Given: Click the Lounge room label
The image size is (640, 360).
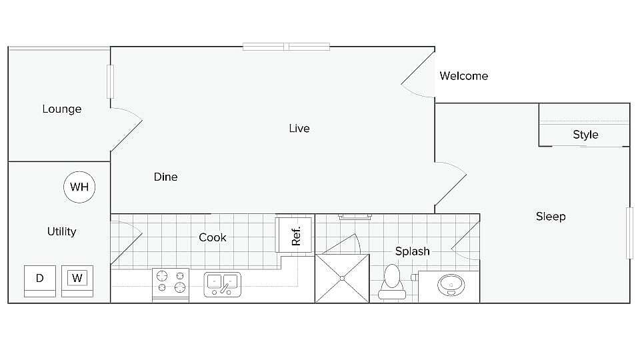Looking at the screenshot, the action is (62, 109).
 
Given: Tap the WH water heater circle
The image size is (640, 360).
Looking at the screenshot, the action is (79, 187).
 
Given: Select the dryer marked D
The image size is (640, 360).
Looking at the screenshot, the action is (40, 281).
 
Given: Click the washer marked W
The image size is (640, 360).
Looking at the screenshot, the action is (77, 281).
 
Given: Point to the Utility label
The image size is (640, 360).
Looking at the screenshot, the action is (61, 231).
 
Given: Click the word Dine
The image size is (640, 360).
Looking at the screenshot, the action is (166, 177).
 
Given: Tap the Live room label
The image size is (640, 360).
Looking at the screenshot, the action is (299, 128).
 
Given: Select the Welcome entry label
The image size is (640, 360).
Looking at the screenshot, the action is (464, 76).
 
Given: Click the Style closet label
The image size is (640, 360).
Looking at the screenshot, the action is (586, 135).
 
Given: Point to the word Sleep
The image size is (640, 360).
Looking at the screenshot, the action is (551, 216).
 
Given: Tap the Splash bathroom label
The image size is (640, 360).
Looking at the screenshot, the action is (412, 251).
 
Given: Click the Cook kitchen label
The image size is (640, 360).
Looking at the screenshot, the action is (212, 237).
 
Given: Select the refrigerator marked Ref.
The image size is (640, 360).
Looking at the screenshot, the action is (294, 235).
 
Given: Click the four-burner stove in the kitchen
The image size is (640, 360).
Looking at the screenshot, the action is (171, 284).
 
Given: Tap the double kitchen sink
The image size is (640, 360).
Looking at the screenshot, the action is (223, 285).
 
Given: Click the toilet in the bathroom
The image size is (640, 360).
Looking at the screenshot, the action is (392, 282).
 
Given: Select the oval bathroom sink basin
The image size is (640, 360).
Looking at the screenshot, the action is (451, 285).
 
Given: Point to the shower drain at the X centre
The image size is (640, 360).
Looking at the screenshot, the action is (342, 279).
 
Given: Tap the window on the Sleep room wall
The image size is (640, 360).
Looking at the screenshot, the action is (630, 233).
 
